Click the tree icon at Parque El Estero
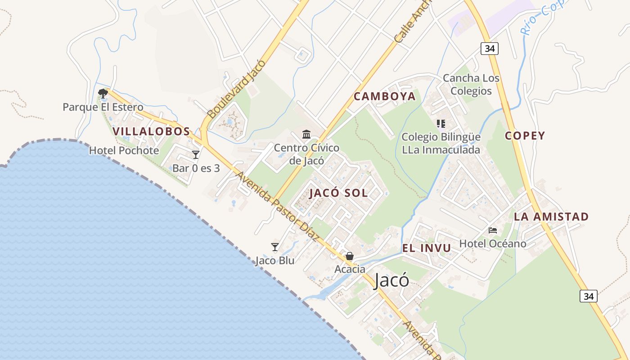click(103, 94)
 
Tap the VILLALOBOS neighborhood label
click(151, 131)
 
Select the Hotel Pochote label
click(124, 150)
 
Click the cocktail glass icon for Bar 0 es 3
click(196, 155)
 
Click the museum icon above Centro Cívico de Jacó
click(306, 134)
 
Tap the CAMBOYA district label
click(384, 96)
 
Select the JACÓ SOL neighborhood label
click(338, 193)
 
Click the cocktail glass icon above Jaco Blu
click(275, 247)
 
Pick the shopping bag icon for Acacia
click(350, 256)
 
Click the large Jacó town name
click(391, 280)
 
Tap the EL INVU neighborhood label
click(426, 248)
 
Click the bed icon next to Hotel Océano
click(493, 230)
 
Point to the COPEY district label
click(525, 135)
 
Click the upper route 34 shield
click(489, 48)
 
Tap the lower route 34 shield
click(588, 296)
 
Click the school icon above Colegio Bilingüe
click(441, 123)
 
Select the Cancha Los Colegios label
click(471, 85)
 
